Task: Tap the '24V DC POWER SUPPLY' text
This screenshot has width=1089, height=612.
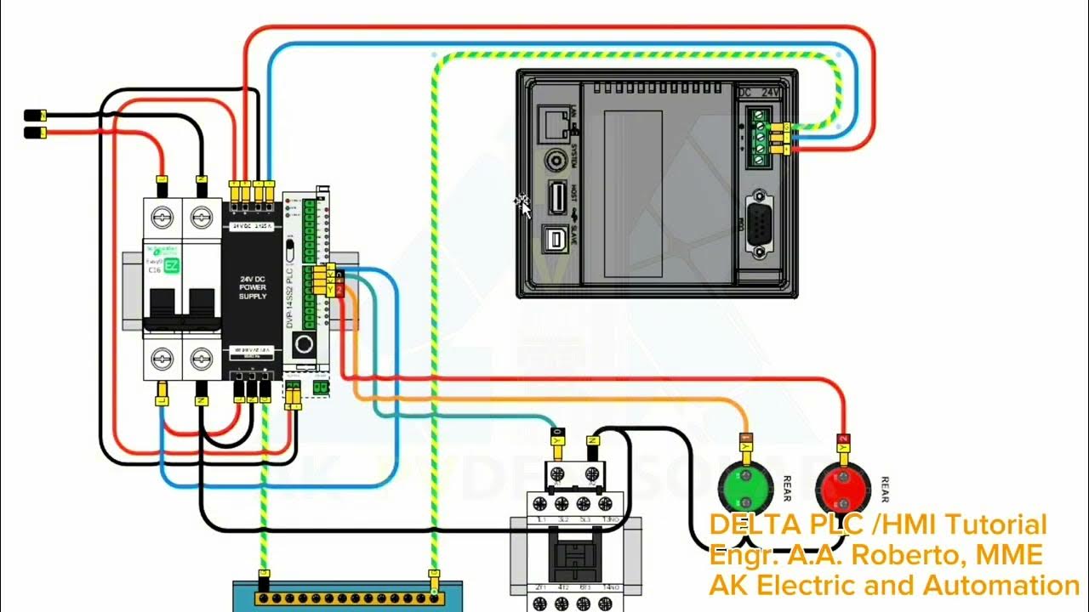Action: [x=252, y=286]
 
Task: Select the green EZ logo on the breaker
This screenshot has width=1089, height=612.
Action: [x=171, y=266]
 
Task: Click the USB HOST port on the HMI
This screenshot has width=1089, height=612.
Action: [x=557, y=197]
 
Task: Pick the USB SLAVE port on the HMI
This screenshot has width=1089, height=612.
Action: [x=557, y=241]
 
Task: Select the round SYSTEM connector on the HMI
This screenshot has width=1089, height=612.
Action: [x=557, y=160]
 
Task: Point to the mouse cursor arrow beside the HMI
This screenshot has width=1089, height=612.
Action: [x=524, y=206]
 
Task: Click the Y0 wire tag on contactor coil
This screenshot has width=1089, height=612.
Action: [x=557, y=441]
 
